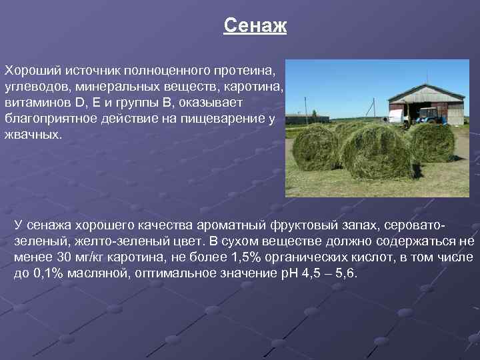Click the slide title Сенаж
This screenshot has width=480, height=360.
[x=255, y=26]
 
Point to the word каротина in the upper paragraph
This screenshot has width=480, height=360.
[x=259, y=87]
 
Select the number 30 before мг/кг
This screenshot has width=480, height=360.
[x=65, y=257]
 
